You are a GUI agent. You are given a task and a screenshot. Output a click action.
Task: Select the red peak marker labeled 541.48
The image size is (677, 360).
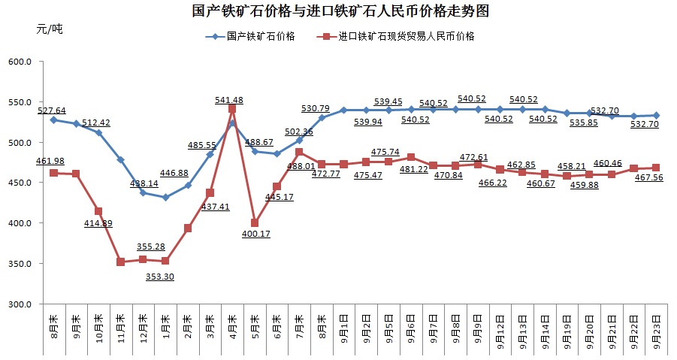[x=232, y=109]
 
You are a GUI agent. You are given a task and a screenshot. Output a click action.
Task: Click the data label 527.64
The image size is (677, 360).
[x=51, y=110]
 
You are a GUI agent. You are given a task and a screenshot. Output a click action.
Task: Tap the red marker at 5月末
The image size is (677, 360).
[x=255, y=222]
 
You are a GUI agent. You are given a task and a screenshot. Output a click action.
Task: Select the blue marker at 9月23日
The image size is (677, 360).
[x=656, y=116]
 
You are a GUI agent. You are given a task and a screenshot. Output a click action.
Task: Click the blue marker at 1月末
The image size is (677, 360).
[x=165, y=198]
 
